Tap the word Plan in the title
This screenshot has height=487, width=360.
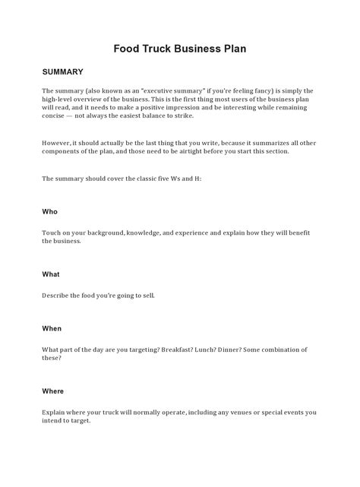tap(232, 48)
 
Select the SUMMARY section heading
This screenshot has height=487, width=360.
tap(62, 72)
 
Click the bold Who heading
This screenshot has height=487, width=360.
tap(49, 212)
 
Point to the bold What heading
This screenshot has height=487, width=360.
tap(51, 274)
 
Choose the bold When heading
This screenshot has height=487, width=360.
tap(52, 329)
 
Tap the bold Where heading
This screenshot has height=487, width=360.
tap(53, 391)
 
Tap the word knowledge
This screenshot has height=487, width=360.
tap(143, 232)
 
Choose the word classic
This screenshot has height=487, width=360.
tap(143, 179)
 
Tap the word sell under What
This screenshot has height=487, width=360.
tap(147, 295)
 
